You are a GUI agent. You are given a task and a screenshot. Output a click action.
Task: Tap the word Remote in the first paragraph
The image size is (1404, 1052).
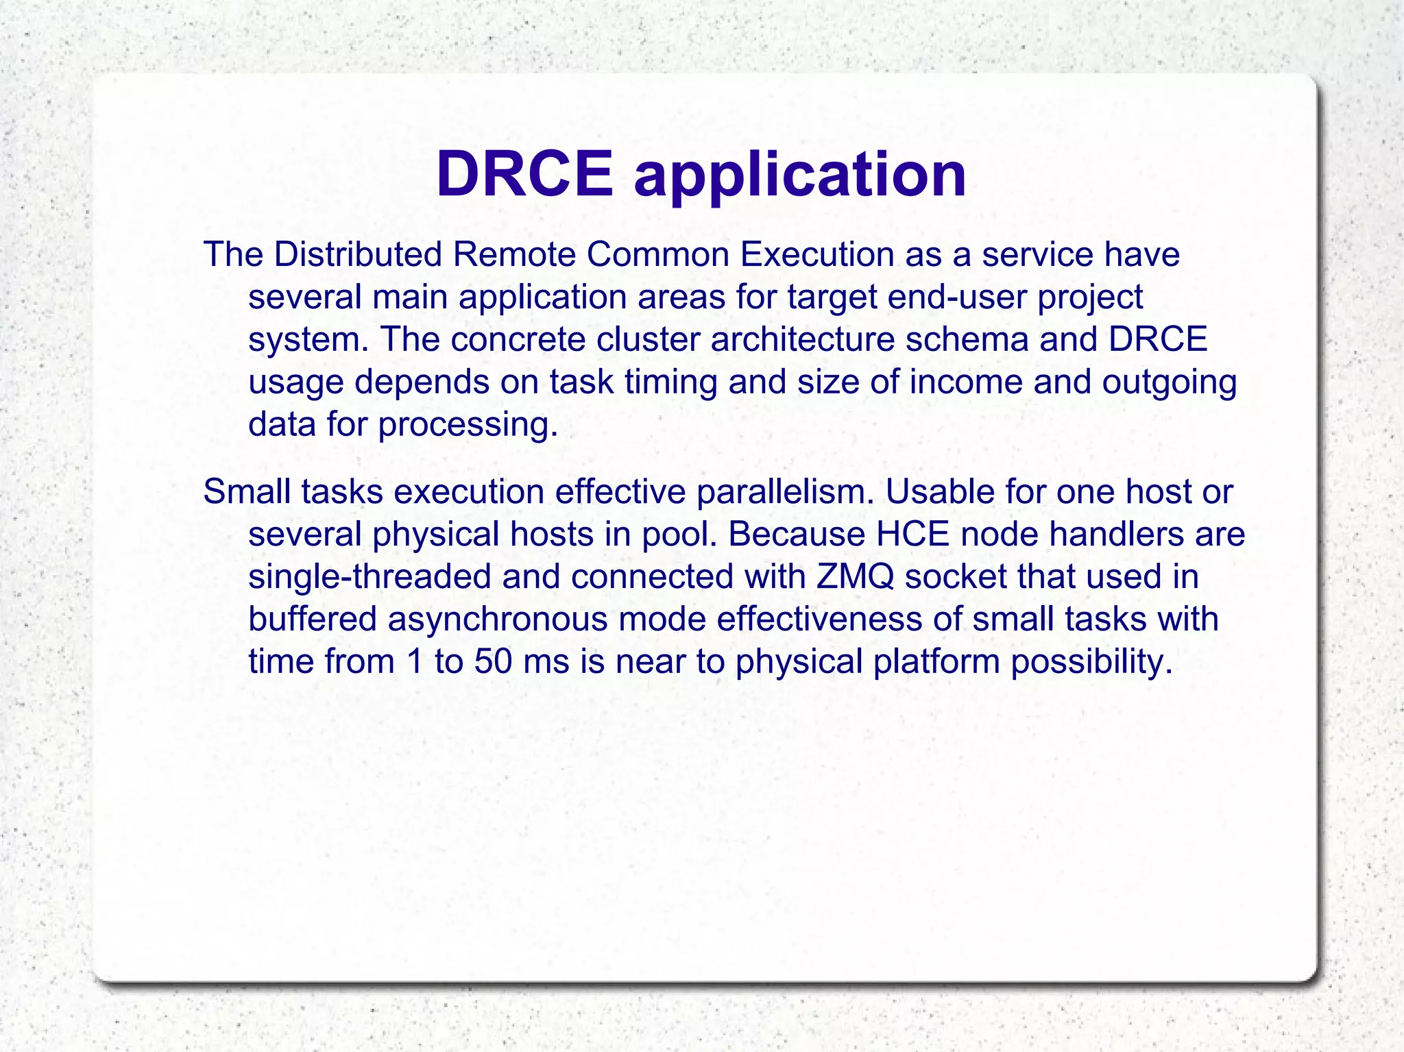(x=513, y=254)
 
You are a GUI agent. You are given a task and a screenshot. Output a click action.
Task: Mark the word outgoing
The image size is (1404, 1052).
(x=1169, y=382)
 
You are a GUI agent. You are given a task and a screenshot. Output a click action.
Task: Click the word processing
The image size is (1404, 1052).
(x=468, y=424)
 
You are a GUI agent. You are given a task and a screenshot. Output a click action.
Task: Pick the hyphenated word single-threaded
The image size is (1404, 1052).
(x=370, y=576)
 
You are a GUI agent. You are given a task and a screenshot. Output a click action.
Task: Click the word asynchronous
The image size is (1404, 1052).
(x=498, y=619)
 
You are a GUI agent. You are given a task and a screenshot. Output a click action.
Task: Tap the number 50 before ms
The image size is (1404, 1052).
(x=493, y=661)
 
